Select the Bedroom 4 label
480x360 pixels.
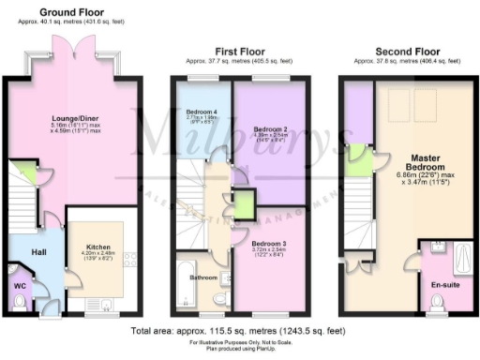point(202,112)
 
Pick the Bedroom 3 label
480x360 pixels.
point(269,242)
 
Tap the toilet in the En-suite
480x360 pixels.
point(437,301)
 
